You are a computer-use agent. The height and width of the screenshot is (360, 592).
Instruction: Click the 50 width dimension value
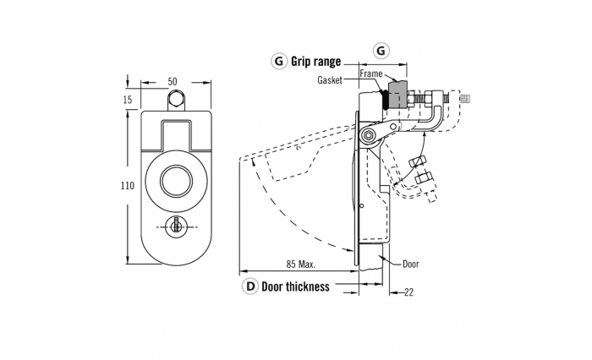click(173, 81)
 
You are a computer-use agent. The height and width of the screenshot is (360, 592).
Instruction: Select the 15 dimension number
click(128, 99)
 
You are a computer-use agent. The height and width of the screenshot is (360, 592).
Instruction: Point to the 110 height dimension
click(127, 186)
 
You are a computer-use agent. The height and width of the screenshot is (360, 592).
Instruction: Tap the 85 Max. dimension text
click(300, 265)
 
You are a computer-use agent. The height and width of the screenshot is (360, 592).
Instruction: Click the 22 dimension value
click(408, 292)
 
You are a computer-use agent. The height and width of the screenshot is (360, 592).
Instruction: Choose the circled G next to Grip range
click(279, 61)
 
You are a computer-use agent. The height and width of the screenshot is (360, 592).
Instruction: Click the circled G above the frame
click(381, 50)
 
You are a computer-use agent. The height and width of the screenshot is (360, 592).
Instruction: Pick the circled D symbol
click(250, 286)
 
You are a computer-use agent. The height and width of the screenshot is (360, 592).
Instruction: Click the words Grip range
click(315, 61)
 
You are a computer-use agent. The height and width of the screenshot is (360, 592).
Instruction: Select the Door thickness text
click(295, 286)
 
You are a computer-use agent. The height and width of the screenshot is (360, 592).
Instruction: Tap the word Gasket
click(330, 80)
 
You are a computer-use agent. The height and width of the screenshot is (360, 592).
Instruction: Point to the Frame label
click(370, 74)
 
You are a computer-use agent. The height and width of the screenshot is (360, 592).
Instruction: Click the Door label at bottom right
click(411, 264)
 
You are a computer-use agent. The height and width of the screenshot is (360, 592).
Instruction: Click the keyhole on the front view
click(176, 226)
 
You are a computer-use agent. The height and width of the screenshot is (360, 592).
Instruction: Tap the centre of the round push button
click(176, 181)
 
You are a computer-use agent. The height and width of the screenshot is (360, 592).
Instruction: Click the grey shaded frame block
click(397, 95)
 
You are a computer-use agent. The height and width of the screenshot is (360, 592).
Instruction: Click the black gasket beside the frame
click(384, 100)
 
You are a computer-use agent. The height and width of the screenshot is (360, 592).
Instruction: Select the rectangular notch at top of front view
click(177, 135)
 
